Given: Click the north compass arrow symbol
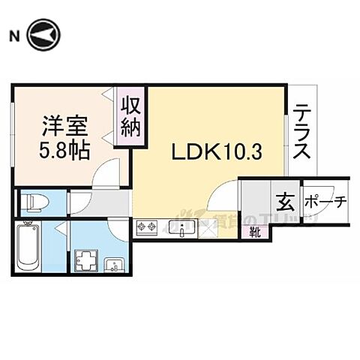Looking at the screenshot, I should point(43,35).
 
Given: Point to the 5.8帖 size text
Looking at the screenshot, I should point(64,148).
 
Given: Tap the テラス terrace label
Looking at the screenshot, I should point(302,130).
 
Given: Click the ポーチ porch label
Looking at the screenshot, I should point(325,202).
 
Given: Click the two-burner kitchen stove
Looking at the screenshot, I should point(147,227).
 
